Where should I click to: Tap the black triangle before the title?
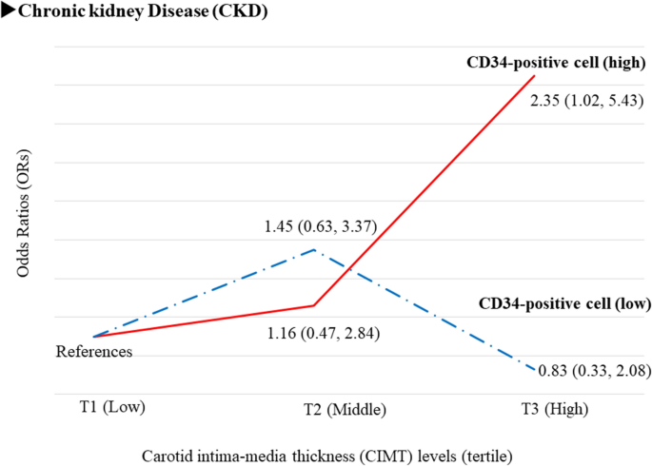(x=9, y=11)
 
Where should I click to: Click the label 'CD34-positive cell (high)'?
(x=556, y=65)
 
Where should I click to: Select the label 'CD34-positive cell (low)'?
(x=562, y=304)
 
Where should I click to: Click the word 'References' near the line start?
(x=93, y=352)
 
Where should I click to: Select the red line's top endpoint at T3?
(x=535, y=75)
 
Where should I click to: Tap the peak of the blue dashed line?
(x=314, y=250)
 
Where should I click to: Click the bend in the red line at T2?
(x=314, y=305)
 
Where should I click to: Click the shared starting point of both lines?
(x=93, y=337)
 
